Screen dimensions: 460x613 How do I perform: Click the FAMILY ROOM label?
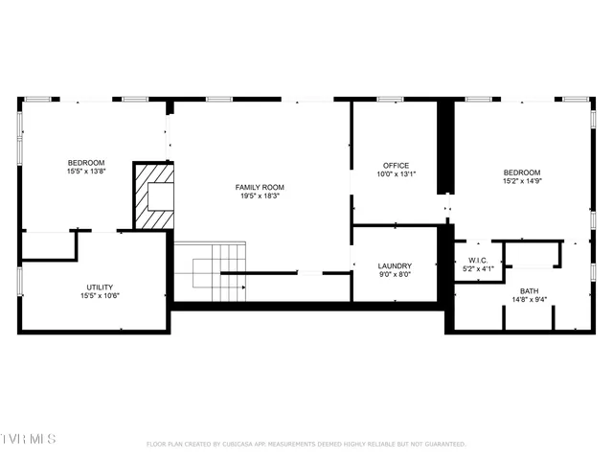click(x=261, y=187)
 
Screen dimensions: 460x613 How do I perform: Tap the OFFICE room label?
click(x=396, y=165)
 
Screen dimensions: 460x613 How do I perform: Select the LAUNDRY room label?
click(x=395, y=265)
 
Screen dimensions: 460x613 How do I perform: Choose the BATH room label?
click(x=529, y=290)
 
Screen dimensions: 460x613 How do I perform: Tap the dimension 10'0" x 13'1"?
click(x=396, y=173)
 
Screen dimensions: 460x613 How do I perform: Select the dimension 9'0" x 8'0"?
click(x=395, y=274)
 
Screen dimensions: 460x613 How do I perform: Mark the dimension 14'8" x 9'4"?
click(x=529, y=299)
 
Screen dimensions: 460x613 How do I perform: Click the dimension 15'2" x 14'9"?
click(x=522, y=180)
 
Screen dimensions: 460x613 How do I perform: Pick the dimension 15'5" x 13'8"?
click(x=86, y=172)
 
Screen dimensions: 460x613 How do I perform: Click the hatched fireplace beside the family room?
click(x=154, y=196)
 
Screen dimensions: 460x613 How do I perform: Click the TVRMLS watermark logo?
click(x=29, y=439)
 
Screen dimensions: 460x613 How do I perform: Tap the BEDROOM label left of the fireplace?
click(x=86, y=163)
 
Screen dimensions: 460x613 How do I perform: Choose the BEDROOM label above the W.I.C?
click(x=522, y=172)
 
